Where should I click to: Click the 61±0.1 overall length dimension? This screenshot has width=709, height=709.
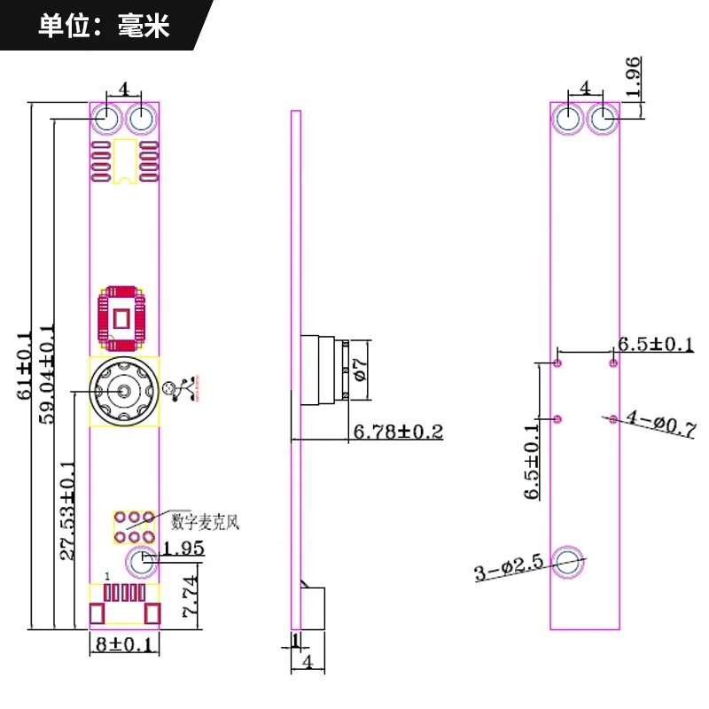pyautogui.click(x=25, y=365)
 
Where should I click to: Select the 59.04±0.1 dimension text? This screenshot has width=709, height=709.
pyautogui.click(x=47, y=373)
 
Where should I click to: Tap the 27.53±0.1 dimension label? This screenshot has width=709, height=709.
pyautogui.click(x=68, y=510)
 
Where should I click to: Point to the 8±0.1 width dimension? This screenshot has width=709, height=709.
pyautogui.click(x=124, y=643)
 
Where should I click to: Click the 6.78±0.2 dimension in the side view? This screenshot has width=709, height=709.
pyautogui.click(x=398, y=432)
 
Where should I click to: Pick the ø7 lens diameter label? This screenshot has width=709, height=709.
pyautogui.click(x=361, y=370)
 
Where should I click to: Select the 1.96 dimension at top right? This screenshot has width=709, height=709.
pyautogui.click(x=633, y=77)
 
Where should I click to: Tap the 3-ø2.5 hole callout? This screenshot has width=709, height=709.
pyautogui.click(x=509, y=567)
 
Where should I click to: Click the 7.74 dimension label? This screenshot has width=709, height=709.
pyautogui.click(x=191, y=596)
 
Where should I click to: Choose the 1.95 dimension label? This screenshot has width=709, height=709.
pyautogui.click(x=183, y=548)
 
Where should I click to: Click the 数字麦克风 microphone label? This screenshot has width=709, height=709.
pyautogui.click(x=205, y=522)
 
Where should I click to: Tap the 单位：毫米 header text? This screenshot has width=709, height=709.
pyautogui.click(x=104, y=26)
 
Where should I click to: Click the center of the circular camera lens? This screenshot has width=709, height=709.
pyautogui.click(x=124, y=391)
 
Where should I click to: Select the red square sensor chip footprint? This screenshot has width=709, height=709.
pyautogui.click(x=122, y=318)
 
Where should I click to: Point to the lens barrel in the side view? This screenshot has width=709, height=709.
pyautogui.click(x=324, y=370)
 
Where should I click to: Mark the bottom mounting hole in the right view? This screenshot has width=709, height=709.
pyautogui.click(x=568, y=563)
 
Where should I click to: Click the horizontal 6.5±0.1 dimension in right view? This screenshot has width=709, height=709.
pyautogui.click(x=656, y=344)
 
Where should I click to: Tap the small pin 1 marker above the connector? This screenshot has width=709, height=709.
pyautogui.click(x=107, y=576)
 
